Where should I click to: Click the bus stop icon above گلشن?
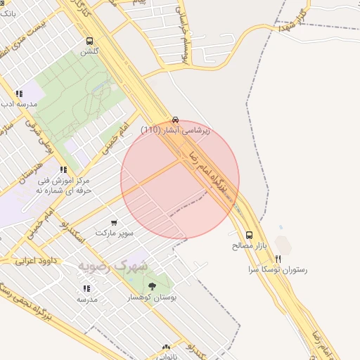(89, 41)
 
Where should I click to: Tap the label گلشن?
(89, 52)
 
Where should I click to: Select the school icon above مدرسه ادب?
(19, 94)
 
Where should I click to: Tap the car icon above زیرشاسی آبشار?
(175, 120)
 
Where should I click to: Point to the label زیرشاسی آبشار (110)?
(175, 130)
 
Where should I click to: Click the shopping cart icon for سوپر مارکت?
(114, 222)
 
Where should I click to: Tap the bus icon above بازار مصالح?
(250, 236)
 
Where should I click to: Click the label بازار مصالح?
(250, 247)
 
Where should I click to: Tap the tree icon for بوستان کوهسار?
(152, 286)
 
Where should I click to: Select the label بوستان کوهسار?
(152, 297)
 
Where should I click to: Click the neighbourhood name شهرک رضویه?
(112, 266)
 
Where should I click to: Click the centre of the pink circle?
(180, 180)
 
